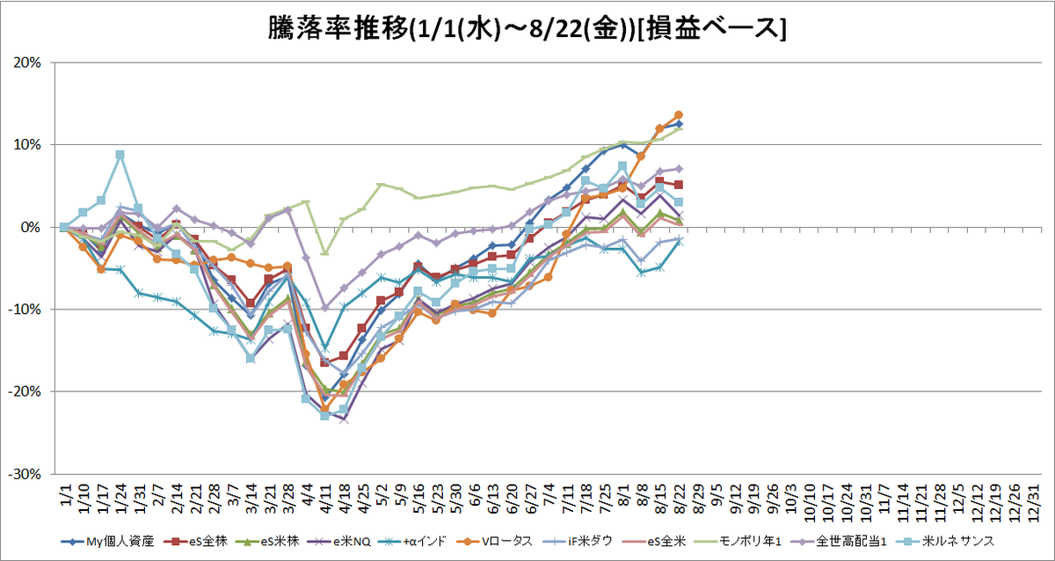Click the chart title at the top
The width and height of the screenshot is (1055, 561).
527,28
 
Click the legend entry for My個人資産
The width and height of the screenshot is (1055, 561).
107,542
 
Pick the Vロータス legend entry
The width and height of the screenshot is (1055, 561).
494,542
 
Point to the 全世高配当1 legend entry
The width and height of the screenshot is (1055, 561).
839,542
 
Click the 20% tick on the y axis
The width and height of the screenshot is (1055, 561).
27,62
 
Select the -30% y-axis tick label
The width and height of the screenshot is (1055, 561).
25,474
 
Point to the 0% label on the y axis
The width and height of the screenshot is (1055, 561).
32,227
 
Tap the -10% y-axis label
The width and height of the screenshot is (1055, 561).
25,310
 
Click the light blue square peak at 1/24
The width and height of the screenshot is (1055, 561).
120,155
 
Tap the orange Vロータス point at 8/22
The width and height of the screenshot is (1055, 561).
679,115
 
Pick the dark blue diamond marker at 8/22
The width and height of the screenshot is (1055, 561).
679,124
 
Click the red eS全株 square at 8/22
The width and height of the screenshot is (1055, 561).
679,185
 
